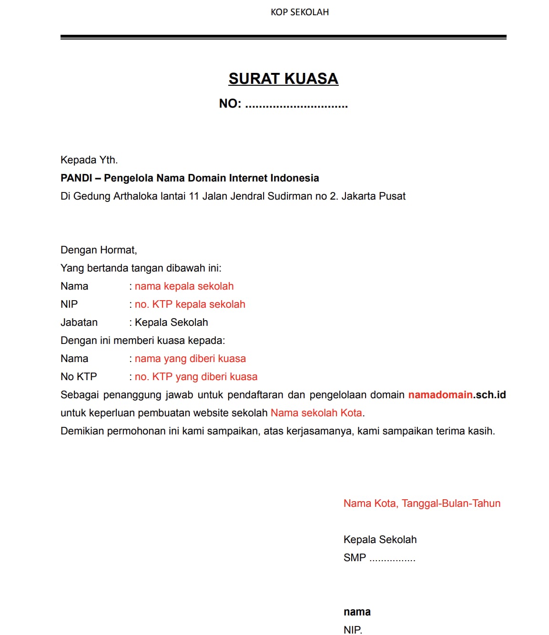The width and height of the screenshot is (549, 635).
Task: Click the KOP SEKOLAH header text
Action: tap(300, 12)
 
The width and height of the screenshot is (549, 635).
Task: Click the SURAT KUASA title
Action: tap(283, 79)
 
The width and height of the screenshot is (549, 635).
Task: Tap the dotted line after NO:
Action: tap(296, 105)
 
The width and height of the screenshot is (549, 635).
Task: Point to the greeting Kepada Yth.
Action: tap(89, 160)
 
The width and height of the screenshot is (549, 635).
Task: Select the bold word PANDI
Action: tap(76, 178)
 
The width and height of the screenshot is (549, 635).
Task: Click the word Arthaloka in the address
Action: tap(135, 196)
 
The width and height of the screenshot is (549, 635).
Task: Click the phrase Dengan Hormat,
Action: tap(99, 250)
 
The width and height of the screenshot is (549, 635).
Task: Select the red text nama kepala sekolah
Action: tap(184, 286)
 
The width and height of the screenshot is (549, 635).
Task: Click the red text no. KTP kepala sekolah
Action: tap(190, 304)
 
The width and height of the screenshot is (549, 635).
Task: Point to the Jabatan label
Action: tap(79, 323)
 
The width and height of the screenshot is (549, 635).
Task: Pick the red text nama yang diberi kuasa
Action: tap(190, 359)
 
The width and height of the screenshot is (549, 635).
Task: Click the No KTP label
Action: tap(79, 377)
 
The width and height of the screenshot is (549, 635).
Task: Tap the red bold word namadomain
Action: tap(440, 395)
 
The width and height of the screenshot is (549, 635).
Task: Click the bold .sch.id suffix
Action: tap(489, 395)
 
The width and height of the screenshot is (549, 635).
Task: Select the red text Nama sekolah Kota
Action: tap(316, 413)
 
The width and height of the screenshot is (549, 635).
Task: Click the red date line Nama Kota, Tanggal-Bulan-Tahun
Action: tap(422, 504)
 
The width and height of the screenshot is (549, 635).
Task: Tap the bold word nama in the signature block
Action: tap(357, 612)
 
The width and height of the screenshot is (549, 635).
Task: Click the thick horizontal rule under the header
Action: tap(283, 37)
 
